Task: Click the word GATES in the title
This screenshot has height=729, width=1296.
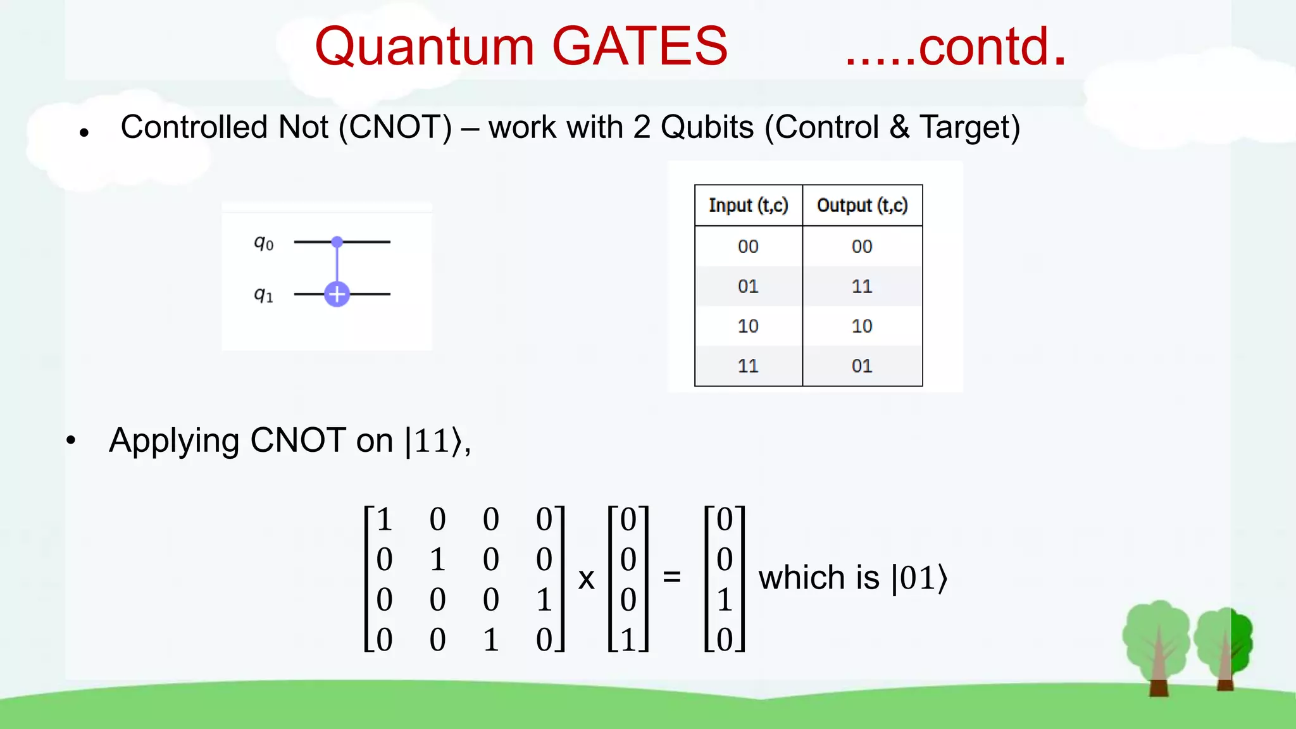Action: pyautogui.click(x=640, y=46)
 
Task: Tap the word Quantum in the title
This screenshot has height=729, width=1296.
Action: pyautogui.click(x=425, y=47)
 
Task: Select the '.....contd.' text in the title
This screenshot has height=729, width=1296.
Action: pyautogui.click(x=956, y=47)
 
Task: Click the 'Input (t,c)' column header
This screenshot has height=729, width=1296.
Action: pyautogui.click(x=748, y=206)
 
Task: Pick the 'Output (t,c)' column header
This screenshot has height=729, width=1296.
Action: pyautogui.click(x=862, y=206)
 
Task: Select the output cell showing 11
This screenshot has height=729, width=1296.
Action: pyautogui.click(x=862, y=287)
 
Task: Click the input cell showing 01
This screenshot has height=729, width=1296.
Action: pyautogui.click(x=748, y=287)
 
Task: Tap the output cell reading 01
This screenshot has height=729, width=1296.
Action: pyautogui.click(x=862, y=366)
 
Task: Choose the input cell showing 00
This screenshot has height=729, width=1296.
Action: pyautogui.click(x=748, y=247)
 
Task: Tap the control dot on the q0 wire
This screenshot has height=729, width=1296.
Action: pyautogui.click(x=337, y=242)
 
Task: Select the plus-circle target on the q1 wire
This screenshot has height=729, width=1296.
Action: pyautogui.click(x=337, y=294)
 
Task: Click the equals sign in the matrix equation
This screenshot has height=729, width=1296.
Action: pyautogui.click(x=671, y=577)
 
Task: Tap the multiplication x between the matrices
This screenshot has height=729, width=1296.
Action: pyautogui.click(x=587, y=578)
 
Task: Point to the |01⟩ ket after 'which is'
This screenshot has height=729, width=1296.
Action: pyautogui.click(x=919, y=578)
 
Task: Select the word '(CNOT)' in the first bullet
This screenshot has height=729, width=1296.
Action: pyautogui.click(x=396, y=127)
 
